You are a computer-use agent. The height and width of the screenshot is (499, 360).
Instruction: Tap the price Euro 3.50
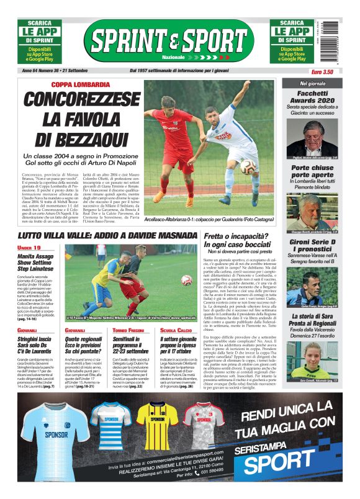322,72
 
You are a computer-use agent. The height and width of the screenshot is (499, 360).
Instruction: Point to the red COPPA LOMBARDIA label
76,84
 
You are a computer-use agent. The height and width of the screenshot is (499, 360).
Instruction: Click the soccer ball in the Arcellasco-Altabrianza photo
247,166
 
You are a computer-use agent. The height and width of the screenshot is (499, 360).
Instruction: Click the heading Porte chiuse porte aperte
312,172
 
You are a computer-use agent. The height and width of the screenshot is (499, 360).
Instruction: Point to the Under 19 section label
30,248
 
